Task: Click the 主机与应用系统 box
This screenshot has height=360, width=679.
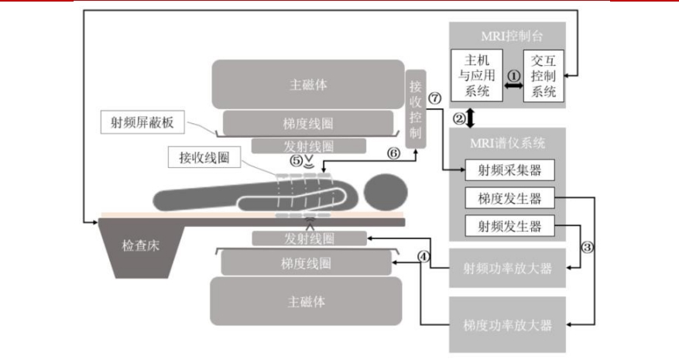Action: click(475, 75)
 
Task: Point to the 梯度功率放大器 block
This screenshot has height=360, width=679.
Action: click(508, 324)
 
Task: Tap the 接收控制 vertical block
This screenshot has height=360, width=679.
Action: click(417, 108)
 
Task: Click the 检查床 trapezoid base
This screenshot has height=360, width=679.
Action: click(140, 247)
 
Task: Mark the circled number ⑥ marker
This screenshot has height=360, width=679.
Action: click(393, 153)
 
